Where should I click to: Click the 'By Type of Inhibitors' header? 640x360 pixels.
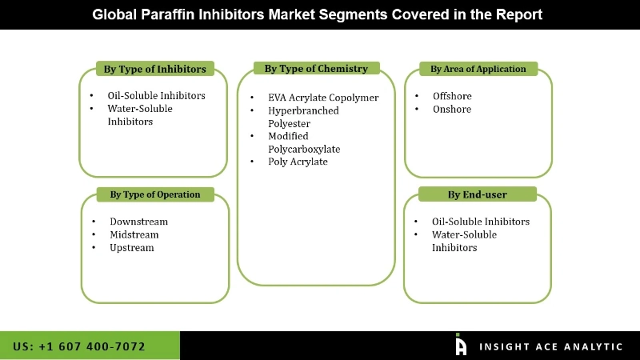click(x=154, y=69)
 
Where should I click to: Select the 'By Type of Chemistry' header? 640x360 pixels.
click(x=316, y=69)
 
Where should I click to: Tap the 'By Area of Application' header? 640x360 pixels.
click(x=478, y=69)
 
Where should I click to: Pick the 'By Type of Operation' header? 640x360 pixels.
click(x=155, y=194)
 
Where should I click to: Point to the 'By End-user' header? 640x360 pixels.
click(x=478, y=194)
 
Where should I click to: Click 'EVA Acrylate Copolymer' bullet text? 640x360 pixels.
click(x=323, y=98)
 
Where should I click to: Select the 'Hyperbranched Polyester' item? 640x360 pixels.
click(x=303, y=117)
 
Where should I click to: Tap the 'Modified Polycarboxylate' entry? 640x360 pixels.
click(x=304, y=142)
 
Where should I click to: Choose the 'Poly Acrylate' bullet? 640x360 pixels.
click(x=298, y=162)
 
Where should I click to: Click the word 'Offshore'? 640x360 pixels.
click(x=452, y=96)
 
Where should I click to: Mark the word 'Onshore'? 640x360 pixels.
click(x=452, y=109)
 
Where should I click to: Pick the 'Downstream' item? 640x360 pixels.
click(x=138, y=222)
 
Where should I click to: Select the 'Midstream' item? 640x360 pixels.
click(x=134, y=234)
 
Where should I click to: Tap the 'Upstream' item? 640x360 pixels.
click(x=132, y=248)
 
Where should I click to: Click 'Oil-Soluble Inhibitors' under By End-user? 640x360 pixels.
click(x=480, y=222)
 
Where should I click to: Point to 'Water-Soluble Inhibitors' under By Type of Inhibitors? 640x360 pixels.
click(x=140, y=114)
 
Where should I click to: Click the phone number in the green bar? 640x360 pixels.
click(x=79, y=346)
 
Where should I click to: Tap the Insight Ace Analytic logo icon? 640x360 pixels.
click(x=461, y=345)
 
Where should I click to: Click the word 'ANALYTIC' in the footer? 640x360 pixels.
click(x=591, y=346)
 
